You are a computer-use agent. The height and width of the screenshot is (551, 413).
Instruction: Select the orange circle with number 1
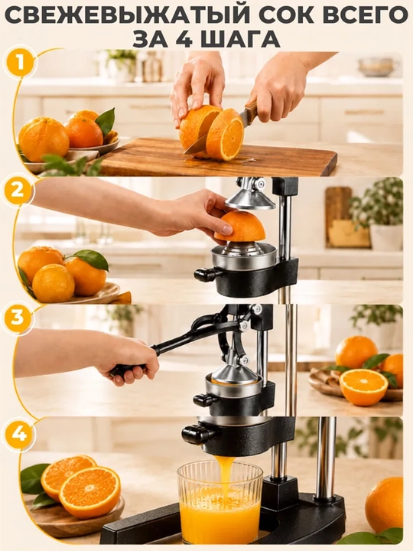21,64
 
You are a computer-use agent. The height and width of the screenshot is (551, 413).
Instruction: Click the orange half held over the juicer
239,226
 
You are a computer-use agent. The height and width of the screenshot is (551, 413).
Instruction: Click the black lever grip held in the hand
128,370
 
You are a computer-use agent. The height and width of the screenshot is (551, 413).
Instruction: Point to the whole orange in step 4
384,505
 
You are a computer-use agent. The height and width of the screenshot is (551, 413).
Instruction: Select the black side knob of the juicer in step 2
206,275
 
